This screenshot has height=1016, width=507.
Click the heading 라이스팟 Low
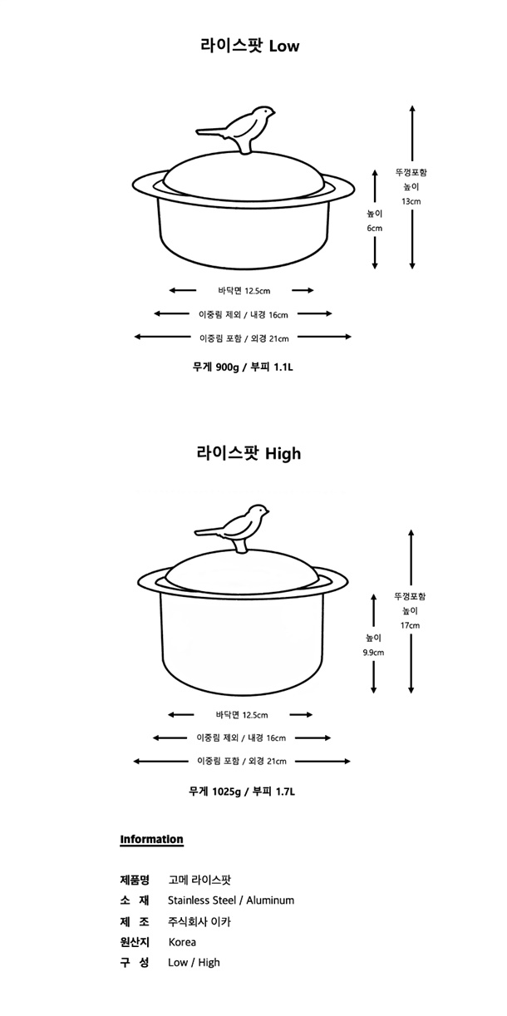pos(250,46)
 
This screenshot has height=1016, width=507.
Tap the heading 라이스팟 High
pos(249,453)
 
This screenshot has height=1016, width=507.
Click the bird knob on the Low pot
pos(236,128)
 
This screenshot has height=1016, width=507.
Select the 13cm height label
pos(411,201)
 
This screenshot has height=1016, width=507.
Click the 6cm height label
pos(375,228)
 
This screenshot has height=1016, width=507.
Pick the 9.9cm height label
pos(374,653)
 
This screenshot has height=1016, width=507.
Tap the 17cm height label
pos(410,625)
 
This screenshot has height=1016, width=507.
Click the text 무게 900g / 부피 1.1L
pos(243,367)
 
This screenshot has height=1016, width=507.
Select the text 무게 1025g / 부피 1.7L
pos(242,792)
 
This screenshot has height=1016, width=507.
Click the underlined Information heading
pos(151,840)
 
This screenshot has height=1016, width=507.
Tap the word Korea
pos(182,942)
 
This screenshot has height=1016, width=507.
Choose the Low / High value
pos(194,963)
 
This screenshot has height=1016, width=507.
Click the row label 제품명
pos(135,880)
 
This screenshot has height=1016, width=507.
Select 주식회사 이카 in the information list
pos(199,922)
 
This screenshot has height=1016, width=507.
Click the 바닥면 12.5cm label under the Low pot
pos(244,291)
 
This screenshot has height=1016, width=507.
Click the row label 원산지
pos(135,942)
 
